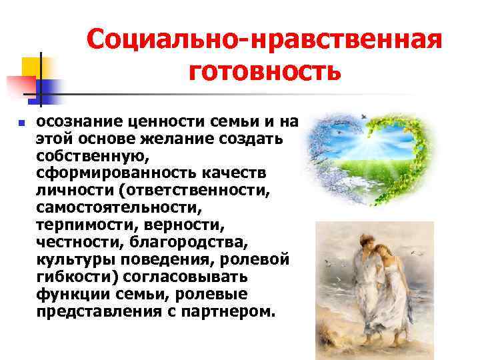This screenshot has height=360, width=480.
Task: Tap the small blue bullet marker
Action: (x=21, y=123)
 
